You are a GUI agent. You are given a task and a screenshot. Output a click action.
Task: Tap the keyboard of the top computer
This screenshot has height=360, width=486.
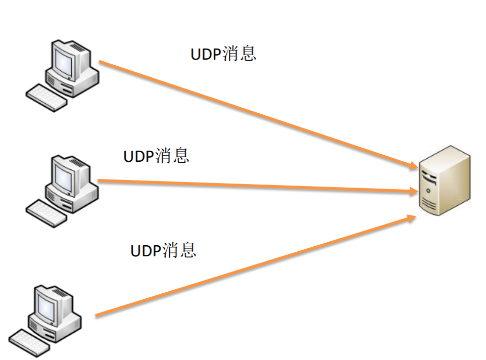46,97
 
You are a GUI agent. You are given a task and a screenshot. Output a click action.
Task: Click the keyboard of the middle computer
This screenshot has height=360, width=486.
46,213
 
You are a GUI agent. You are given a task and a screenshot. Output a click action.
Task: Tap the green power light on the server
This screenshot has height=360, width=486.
428,191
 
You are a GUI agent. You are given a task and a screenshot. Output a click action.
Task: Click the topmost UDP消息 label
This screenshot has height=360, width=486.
223,54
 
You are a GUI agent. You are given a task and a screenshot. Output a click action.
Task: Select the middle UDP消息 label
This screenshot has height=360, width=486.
156,155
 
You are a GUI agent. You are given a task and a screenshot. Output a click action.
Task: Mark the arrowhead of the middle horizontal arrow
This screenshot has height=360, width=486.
412,191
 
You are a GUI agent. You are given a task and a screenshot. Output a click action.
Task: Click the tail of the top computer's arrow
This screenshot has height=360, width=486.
101,62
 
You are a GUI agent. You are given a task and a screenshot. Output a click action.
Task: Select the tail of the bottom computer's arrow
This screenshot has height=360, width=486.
97,316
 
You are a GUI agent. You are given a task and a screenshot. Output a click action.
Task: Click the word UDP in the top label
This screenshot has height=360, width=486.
206,54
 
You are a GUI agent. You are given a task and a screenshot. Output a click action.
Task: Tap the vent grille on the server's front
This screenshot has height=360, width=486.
428,205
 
